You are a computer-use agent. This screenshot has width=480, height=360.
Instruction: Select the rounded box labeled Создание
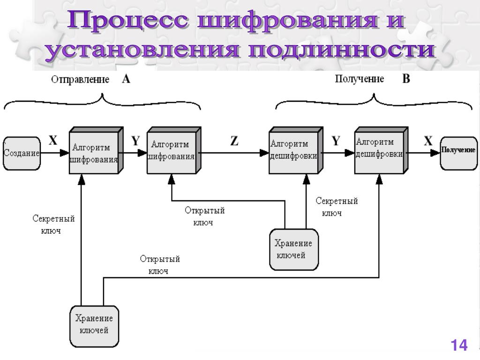[x=22, y=153]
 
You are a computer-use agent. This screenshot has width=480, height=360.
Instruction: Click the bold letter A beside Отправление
[x=126, y=79]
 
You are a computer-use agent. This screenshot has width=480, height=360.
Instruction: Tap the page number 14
[x=459, y=346]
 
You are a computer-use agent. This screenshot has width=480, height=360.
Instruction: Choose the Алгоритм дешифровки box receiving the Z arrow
[x=294, y=152]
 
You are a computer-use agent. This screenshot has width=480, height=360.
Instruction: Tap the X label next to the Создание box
[x=53, y=141]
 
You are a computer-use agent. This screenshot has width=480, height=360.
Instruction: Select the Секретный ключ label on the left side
[x=54, y=225]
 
